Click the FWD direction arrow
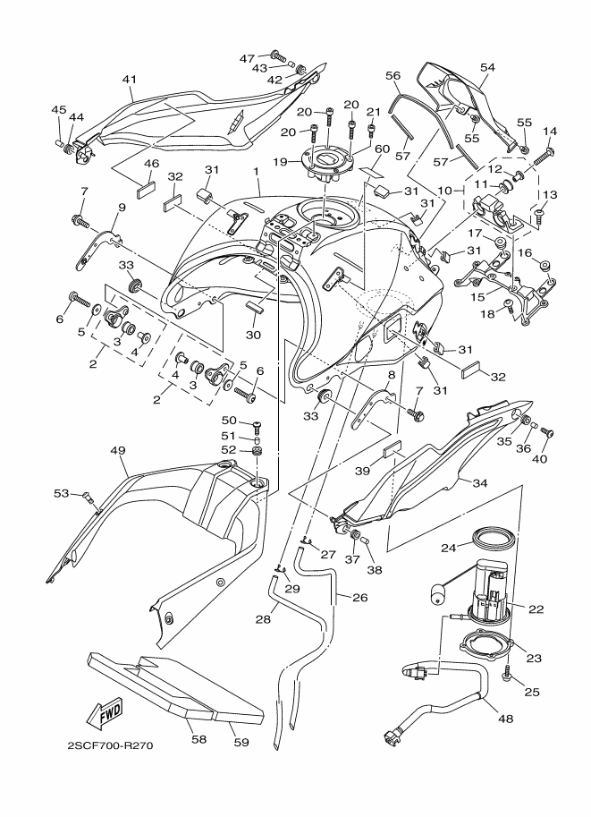tap(104, 713)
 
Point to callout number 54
tap(487, 67)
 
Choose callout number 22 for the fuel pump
tap(536, 609)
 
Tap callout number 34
tap(479, 484)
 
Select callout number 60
tap(381, 149)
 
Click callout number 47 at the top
tap(247, 58)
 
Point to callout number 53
tap(60, 492)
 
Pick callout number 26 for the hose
tap(360, 598)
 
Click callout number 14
tap(550, 132)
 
